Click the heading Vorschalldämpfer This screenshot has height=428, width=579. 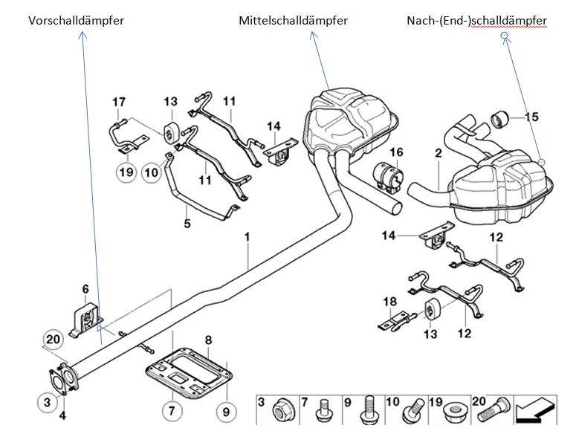76,21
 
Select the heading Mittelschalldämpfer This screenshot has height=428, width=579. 294,21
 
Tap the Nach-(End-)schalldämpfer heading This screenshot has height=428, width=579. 476,21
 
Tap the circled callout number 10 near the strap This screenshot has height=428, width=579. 152,173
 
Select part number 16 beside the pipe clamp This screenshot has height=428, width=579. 397,153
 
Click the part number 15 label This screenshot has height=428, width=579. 531,117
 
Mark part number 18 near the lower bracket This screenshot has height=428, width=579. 391,302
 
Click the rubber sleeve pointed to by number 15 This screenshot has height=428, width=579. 499,117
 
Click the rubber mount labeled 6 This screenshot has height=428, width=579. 84,317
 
